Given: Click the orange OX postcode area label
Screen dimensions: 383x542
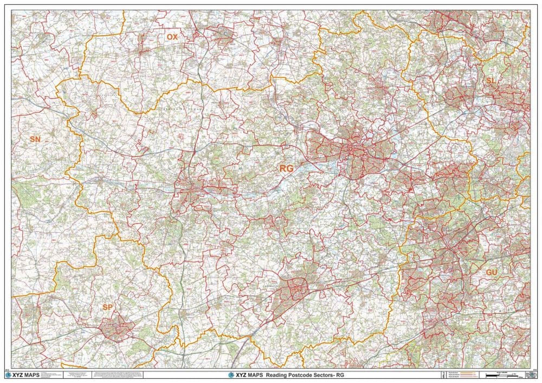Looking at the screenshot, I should [172, 37].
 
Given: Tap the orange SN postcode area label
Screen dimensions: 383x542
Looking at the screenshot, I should [35, 139].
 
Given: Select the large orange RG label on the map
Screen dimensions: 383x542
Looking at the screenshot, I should [286, 168].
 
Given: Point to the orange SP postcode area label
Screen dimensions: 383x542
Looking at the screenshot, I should [108, 307].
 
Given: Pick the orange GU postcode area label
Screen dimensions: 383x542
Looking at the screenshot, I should [492, 271].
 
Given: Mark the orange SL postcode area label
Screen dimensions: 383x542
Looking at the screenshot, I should [491, 80].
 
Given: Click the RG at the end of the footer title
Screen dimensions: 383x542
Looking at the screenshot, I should [340, 374].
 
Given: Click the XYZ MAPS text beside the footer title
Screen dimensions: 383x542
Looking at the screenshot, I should [248, 374].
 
